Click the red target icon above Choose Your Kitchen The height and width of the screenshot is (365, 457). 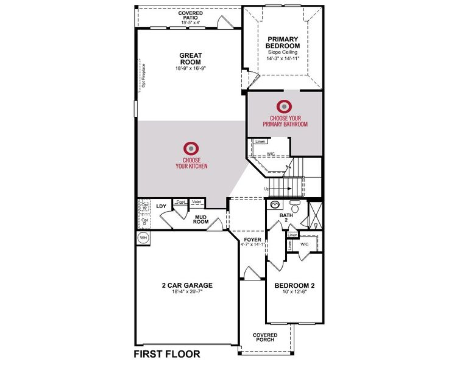(191, 148)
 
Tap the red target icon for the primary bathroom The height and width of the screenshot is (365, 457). (285, 106)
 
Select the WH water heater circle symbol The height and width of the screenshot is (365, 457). (144, 237)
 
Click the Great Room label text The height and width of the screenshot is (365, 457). (190, 59)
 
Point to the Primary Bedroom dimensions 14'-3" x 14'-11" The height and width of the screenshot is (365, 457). (283, 60)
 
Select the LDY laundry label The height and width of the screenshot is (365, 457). (161, 206)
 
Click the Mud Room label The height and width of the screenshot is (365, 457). (202, 219)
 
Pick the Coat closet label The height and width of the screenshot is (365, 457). (180, 202)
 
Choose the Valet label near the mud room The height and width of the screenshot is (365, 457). (197, 202)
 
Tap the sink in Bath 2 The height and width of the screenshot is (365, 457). (275, 206)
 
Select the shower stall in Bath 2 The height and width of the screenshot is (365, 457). (316, 214)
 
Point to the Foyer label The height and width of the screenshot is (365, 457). (252, 240)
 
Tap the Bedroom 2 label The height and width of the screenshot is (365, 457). (294, 285)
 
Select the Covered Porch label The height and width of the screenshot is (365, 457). (265, 338)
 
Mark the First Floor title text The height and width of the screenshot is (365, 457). (166, 353)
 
